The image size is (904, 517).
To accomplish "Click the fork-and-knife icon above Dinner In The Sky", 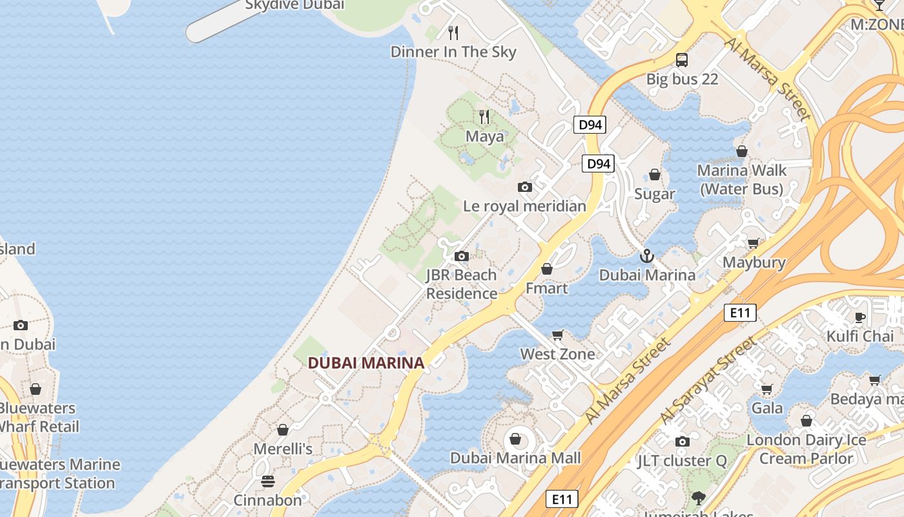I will coord(453,32).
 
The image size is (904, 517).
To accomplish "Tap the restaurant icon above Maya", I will coord(484,117).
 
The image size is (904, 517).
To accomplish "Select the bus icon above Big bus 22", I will coord(682,60).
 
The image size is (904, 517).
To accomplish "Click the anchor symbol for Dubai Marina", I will coord(646,256).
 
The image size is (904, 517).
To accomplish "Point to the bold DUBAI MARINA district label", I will coord(366,363).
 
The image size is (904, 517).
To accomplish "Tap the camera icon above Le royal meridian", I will coord(525,187).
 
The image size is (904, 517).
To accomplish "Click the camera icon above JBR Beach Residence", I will coord(461,256).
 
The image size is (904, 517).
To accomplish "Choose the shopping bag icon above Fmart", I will coord(547,269).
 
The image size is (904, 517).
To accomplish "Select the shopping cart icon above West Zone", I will coord(557,335).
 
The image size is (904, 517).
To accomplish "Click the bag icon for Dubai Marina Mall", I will coord(515,439).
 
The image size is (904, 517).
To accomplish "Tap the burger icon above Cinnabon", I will coord(267,481).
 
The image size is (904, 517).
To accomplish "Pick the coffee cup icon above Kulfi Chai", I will coord(860,317).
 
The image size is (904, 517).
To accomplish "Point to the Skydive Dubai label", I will coord(294,5).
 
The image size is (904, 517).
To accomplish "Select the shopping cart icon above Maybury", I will coord(753,243).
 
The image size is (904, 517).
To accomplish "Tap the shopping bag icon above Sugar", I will coord(655,174).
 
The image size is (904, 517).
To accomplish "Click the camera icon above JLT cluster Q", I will coord(682,441).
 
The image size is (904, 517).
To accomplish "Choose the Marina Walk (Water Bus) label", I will coord(742,180).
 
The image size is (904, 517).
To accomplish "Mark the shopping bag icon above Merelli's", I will coord(283,430).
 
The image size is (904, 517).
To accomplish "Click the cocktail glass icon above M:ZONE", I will coord(879,5).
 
